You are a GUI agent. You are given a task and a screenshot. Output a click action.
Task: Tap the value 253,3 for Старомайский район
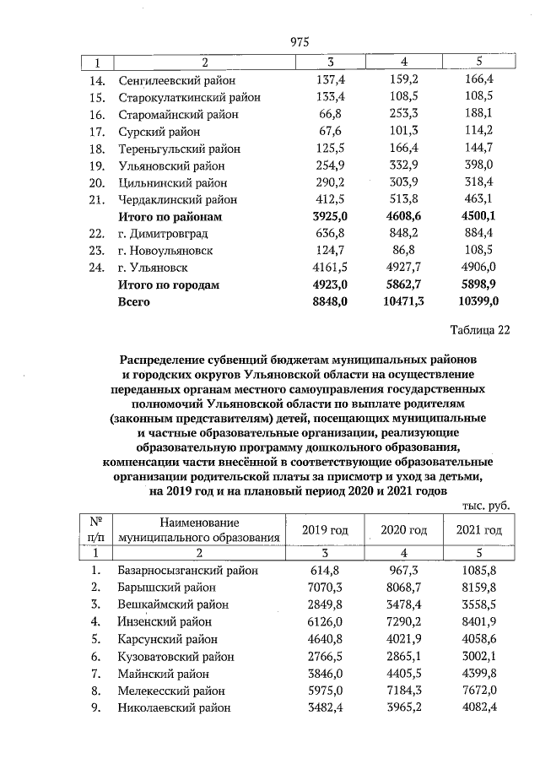coord(405,114)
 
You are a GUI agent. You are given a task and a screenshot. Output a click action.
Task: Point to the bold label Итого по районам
coord(171,216)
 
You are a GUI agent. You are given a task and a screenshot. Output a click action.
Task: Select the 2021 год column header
coord(478,529)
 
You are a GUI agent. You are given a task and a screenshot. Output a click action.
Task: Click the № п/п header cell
coord(96,529)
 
